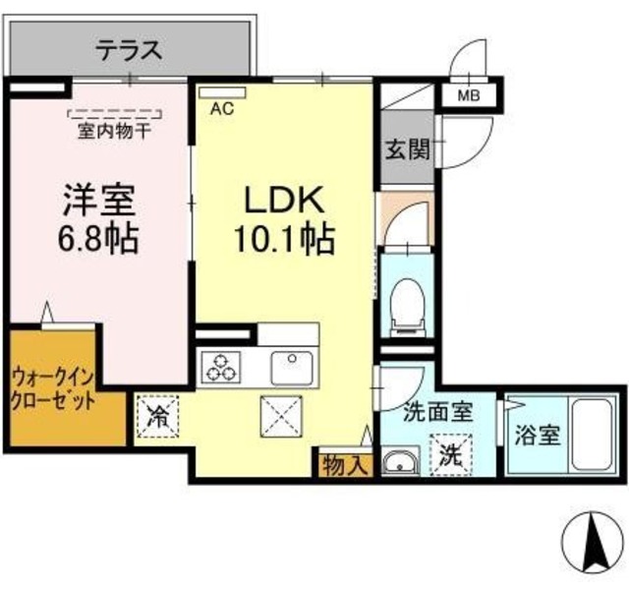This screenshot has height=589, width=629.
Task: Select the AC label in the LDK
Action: pyautogui.click(x=222, y=109)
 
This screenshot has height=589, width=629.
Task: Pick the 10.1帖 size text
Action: pyautogui.click(x=283, y=239)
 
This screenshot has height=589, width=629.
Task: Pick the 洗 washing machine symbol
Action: pyautogui.click(x=450, y=455)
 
